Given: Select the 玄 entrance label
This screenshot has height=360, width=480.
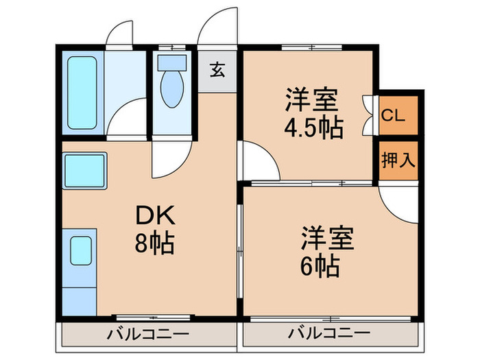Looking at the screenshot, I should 216,69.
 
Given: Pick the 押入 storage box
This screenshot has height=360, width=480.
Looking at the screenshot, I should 398,161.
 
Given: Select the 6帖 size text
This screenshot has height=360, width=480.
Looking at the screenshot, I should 320,265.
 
